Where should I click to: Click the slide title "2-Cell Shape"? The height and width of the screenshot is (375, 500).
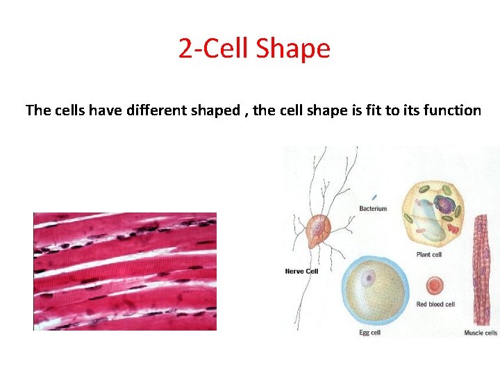[254, 49]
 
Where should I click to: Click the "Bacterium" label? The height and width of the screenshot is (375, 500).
[373, 208]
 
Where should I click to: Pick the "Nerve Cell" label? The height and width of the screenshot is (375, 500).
[301, 271]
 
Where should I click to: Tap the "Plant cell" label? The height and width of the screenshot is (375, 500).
[428, 254]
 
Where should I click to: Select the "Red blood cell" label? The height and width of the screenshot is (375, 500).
[435, 304]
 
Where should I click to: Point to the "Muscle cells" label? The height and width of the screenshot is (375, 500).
[481, 333]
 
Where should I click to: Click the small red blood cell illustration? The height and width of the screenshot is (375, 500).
[435, 285]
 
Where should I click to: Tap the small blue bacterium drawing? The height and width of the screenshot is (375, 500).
[374, 197]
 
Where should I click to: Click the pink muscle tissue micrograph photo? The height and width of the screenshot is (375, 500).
[125, 271]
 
